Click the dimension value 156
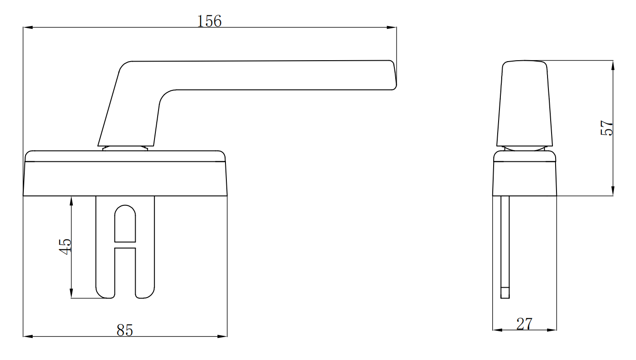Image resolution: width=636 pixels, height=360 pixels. [x=209, y=21]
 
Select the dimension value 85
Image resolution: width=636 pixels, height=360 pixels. [x=125, y=330]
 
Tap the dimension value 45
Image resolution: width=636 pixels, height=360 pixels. [x=66, y=246]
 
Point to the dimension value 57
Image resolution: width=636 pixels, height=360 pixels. [x=606, y=128]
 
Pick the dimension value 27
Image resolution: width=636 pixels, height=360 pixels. [x=524, y=324]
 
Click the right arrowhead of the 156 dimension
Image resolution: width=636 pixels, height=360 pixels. [x=392, y=28]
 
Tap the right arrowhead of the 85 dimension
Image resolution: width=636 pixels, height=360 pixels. [x=223, y=336]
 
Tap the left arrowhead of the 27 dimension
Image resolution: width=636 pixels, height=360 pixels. [x=497, y=330]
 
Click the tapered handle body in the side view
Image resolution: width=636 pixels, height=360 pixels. [x=524, y=103]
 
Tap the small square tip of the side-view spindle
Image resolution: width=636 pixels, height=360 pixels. [x=505, y=293]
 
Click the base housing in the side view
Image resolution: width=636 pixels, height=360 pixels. [x=525, y=178]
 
